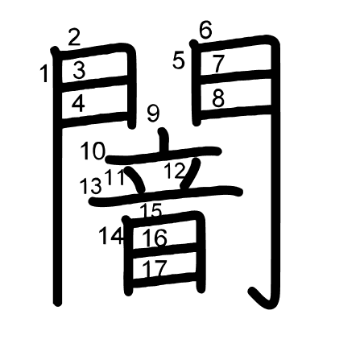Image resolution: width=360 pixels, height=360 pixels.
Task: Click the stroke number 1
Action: (x=44, y=74)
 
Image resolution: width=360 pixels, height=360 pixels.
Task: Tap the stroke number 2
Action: (x=74, y=37)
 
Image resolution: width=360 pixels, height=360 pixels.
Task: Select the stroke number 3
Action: (x=79, y=70)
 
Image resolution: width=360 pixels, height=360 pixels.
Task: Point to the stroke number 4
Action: (x=78, y=104)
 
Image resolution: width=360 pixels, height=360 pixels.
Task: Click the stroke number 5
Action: (x=179, y=61)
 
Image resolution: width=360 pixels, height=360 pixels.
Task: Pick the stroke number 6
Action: (x=206, y=30)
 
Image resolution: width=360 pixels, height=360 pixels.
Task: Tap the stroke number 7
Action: (x=218, y=64)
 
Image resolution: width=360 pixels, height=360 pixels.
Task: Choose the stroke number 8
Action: (x=218, y=98)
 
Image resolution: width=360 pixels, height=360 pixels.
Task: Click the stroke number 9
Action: (x=153, y=114)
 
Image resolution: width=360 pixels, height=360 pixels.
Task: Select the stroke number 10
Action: (x=93, y=151)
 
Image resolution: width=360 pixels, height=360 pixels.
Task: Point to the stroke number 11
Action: (x=115, y=177)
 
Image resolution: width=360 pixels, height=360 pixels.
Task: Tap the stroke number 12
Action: (x=176, y=171)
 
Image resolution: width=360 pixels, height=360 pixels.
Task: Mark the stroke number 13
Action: (x=91, y=186)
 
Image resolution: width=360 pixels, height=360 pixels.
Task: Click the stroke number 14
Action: (x=111, y=236)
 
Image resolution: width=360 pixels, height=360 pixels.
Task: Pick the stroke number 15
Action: (x=151, y=210)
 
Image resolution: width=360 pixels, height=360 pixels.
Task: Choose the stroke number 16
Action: (x=155, y=238)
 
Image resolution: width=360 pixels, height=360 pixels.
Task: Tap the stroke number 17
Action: (x=155, y=268)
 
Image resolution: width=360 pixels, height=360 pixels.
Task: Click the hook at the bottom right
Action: (x=262, y=299)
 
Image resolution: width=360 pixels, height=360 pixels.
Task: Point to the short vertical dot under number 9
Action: (x=163, y=139)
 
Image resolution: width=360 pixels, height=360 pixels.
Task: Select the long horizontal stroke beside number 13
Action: (x=166, y=197)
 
